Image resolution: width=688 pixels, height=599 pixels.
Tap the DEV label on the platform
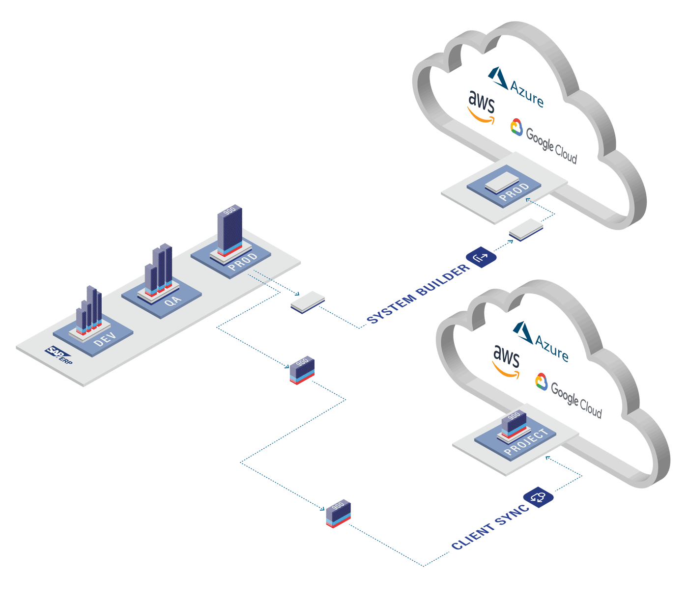[x=105, y=339]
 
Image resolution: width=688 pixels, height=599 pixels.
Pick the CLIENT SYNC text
[x=490, y=527]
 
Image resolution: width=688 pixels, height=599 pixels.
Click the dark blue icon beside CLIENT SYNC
[x=538, y=497]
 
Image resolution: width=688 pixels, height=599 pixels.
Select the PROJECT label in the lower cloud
[x=526, y=442]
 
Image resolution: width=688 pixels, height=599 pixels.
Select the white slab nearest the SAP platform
[x=308, y=301]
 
